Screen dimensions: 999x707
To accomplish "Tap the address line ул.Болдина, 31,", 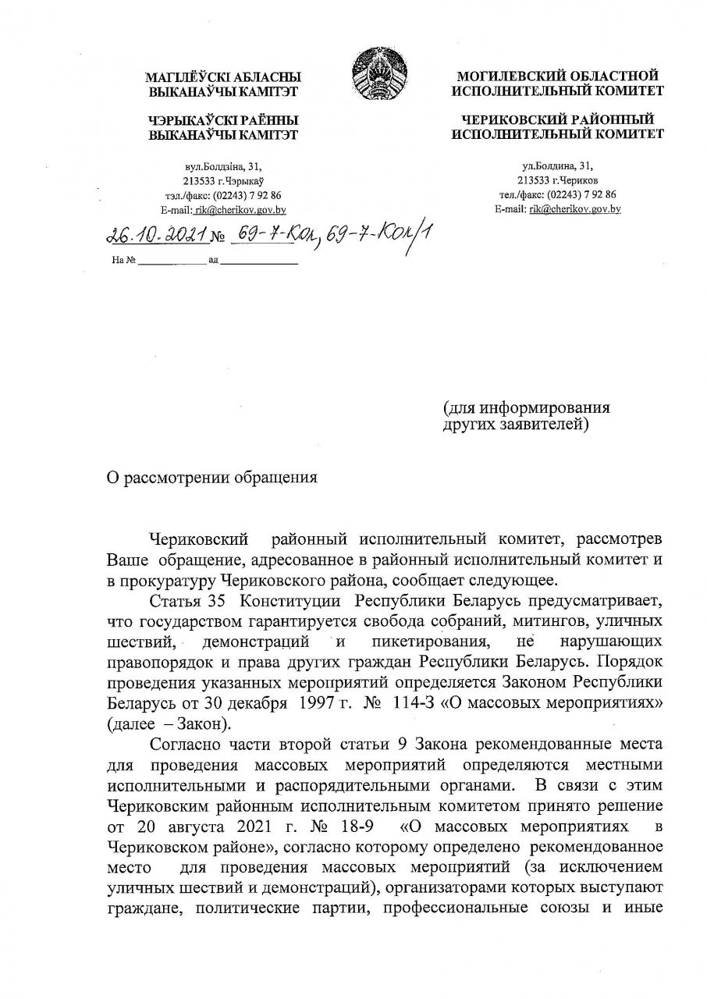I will click(x=558, y=165).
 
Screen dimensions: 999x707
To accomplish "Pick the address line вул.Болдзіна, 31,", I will click(x=223, y=166).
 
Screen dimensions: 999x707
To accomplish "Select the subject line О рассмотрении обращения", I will click(x=212, y=478).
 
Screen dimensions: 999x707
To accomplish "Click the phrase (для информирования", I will click(x=526, y=407).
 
